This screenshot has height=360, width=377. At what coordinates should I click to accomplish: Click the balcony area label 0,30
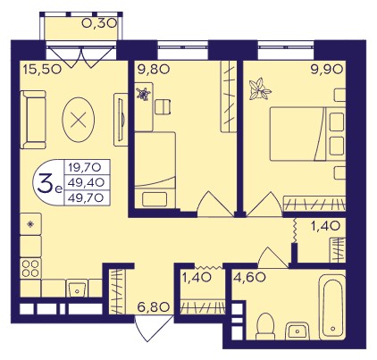(x=99, y=23)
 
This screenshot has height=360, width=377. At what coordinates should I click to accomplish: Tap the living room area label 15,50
(x=42, y=70)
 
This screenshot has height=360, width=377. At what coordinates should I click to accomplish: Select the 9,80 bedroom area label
(x=154, y=70)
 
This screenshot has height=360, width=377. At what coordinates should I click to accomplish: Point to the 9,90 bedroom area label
(x=326, y=70)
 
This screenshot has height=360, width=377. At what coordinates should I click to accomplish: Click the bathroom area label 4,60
(x=249, y=277)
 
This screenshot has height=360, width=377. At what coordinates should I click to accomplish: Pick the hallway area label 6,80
(x=154, y=306)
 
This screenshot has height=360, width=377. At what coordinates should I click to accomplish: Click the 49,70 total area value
(x=86, y=197)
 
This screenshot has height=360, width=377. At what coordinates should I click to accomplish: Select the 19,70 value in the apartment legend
(x=85, y=167)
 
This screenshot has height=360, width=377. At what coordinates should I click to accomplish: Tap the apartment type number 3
(x=44, y=183)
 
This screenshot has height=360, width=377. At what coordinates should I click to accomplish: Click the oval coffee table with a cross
(x=79, y=120)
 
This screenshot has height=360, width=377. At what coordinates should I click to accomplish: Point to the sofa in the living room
(x=33, y=120)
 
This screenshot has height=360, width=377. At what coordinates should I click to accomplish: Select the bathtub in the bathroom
(x=332, y=307)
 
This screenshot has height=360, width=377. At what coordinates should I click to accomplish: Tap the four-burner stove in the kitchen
(x=30, y=268)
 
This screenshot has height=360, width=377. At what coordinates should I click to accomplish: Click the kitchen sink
(x=77, y=289)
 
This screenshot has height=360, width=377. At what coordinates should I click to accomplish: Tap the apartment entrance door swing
(x=154, y=329)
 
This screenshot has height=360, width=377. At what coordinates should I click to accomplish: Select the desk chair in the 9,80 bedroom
(x=163, y=106)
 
